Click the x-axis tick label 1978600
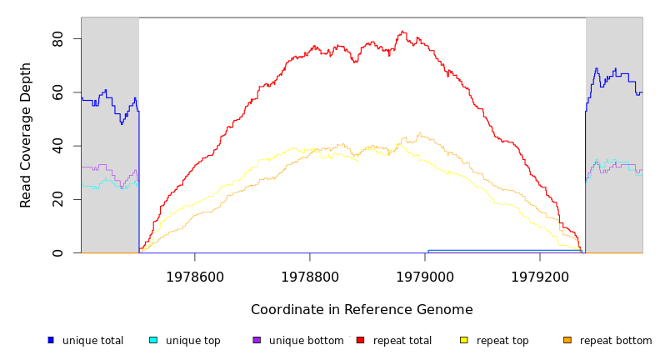click(194, 277)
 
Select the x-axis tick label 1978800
click(309, 277)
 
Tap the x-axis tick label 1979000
click(425, 277)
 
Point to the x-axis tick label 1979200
click(540, 277)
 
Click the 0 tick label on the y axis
click(57, 252)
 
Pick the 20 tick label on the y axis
click(57, 199)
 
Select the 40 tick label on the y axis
click(57, 146)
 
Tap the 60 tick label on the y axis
click(57, 92)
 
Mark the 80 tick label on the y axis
click(57, 39)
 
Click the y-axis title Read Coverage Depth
click(26, 135)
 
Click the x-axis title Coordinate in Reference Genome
click(362, 310)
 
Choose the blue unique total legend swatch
click(51, 340)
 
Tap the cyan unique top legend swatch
click(153, 340)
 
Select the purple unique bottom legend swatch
click(257, 340)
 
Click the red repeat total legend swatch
click(360, 340)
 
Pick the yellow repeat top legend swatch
click(464, 340)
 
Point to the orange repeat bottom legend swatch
click(567, 340)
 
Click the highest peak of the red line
click(402, 32)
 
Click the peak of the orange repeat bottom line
click(419, 133)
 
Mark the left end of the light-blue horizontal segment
click(427, 250)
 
